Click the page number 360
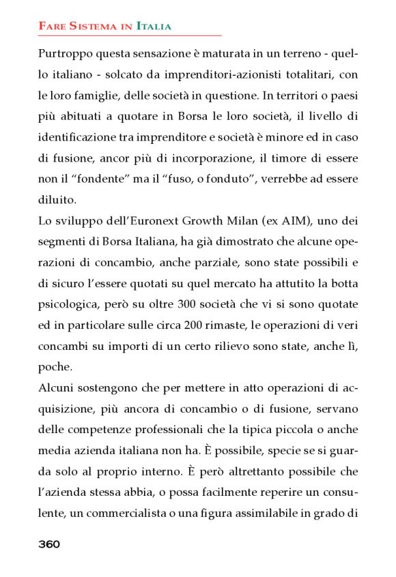49,544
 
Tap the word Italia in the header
154,27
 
